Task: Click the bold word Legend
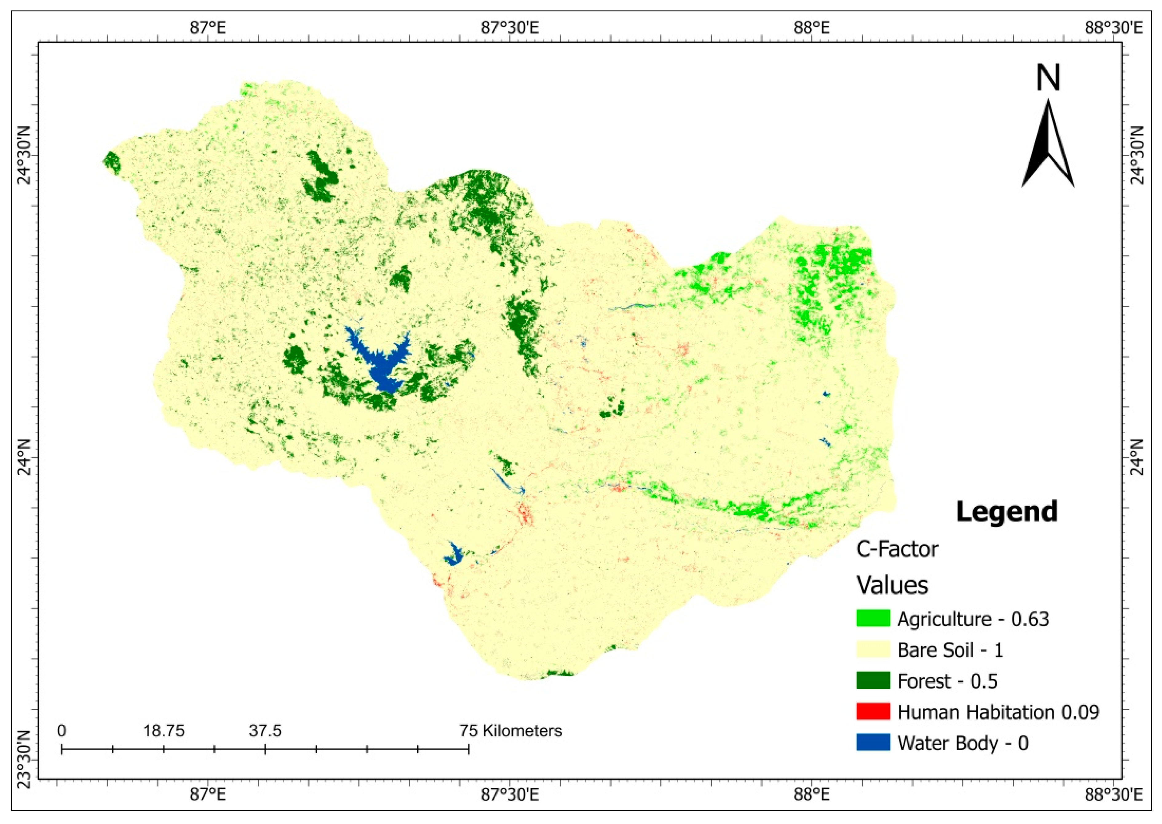click(1007, 511)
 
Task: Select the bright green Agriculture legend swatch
click(873, 619)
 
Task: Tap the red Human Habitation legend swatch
click(873, 711)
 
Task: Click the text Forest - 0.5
click(947, 681)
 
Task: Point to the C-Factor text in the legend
click(897, 549)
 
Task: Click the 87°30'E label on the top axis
click(510, 27)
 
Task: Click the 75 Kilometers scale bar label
click(510, 731)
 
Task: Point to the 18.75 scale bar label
click(163, 731)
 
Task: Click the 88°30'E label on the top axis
click(1114, 27)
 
